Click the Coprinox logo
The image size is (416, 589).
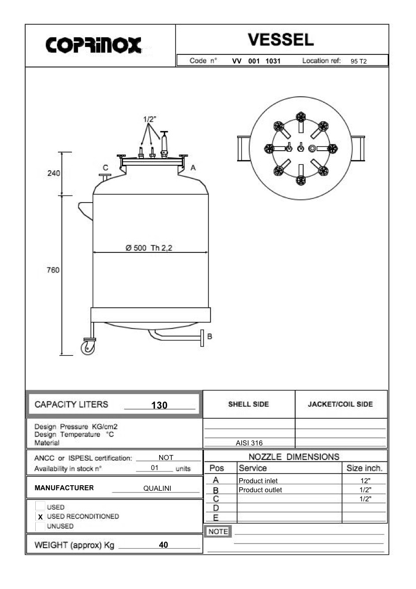[94, 45]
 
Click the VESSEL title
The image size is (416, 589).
[281, 40]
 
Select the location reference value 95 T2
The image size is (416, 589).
[359, 61]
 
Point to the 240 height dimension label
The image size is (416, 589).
[54, 173]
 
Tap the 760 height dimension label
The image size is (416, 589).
[53, 270]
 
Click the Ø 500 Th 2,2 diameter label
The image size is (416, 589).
[149, 248]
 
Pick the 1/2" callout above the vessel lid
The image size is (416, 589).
[150, 119]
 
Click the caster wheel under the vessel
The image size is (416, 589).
[88, 348]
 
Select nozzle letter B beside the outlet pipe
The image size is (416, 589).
[210, 336]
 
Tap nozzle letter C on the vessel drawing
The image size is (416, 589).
[105, 168]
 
